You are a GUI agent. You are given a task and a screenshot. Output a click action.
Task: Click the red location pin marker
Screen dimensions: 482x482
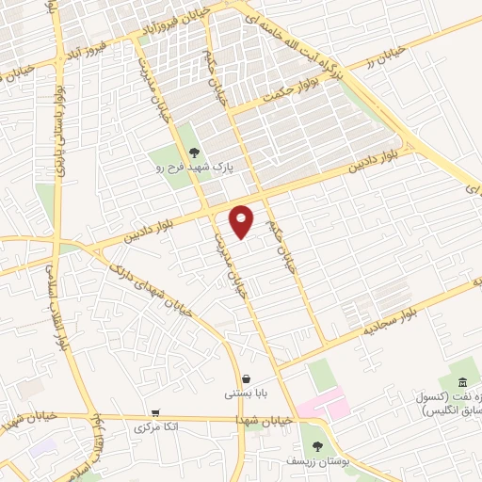point(243,220)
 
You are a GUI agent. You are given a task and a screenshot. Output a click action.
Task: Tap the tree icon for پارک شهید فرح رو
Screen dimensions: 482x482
point(194,151)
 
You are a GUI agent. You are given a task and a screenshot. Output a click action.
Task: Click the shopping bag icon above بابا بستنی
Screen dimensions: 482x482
point(246,378)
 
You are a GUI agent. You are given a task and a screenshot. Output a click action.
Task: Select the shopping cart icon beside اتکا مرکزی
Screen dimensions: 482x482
point(154,413)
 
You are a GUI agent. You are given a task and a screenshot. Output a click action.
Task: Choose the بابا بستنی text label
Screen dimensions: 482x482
point(246,394)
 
